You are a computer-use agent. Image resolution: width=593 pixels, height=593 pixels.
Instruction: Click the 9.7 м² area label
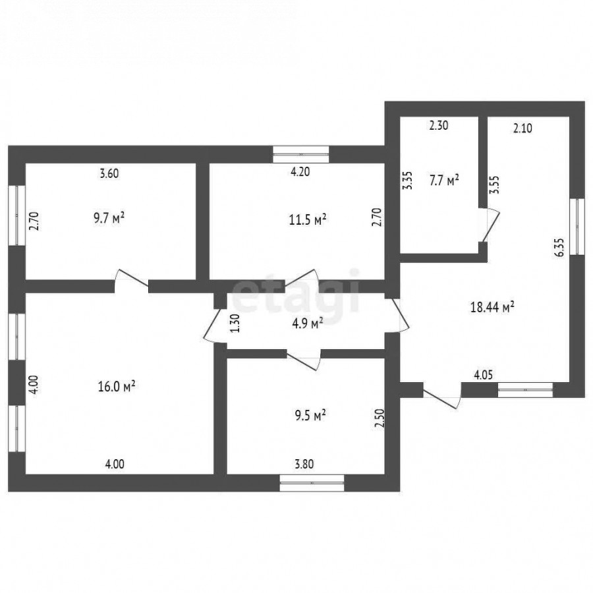[109, 219]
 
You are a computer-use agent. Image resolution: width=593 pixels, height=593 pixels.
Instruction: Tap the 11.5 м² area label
[308, 219]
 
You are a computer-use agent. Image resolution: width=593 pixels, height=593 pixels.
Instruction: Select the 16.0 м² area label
[117, 387]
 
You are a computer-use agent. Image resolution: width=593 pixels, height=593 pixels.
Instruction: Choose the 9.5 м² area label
[310, 416]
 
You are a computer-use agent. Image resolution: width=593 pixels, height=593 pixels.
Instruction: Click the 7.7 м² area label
[444, 180]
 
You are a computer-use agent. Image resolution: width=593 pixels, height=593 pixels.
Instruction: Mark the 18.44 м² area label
[492, 306]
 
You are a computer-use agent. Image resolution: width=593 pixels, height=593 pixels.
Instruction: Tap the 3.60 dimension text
[109, 173]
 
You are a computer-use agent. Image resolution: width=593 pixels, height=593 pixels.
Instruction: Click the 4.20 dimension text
[300, 172]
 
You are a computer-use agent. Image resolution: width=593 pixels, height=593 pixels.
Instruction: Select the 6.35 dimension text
[560, 247]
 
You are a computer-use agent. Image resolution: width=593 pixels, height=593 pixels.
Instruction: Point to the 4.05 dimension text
[484, 375]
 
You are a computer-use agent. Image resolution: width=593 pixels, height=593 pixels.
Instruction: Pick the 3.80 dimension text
[304, 464]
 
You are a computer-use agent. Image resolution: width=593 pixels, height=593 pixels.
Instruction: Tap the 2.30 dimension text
[439, 126]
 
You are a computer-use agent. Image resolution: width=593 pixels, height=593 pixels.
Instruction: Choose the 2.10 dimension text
[522, 128]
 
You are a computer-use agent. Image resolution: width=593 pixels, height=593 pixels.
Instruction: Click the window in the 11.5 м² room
[301, 154]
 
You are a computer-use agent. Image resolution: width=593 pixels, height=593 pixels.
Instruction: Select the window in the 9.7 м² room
[17, 215]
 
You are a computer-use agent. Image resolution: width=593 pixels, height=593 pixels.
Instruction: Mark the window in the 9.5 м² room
[312, 483]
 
